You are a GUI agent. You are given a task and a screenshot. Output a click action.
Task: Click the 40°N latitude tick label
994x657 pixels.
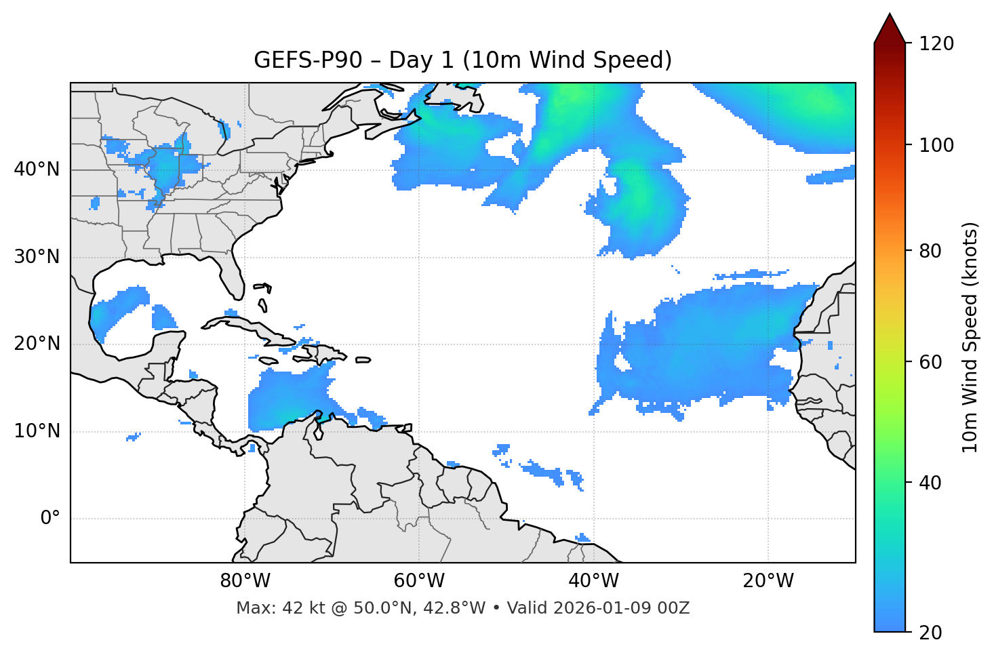click(37, 170)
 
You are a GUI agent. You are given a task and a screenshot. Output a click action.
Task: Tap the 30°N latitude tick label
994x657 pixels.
click(37, 257)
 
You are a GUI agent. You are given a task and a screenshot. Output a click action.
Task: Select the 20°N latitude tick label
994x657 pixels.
click(37, 344)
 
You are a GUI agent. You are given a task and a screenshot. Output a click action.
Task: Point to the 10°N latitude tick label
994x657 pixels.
click(37, 431)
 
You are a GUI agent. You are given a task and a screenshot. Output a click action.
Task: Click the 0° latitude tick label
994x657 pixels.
click(50, 519)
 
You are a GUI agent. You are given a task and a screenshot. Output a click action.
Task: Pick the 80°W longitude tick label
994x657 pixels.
click(245, 581)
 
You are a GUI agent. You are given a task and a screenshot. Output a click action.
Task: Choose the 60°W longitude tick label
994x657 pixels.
click(419, 581)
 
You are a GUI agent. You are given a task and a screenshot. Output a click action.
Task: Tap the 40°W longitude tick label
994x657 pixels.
click(594, 581)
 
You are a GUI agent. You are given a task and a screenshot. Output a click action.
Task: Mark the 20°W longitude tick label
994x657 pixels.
click(768, 581)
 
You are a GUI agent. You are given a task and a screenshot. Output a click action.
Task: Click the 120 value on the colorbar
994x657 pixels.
click(936, 44)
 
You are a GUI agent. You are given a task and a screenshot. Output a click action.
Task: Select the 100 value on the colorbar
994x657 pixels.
click(936, 145)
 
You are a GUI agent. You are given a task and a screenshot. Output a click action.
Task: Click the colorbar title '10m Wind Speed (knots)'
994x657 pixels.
click(971, 338)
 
